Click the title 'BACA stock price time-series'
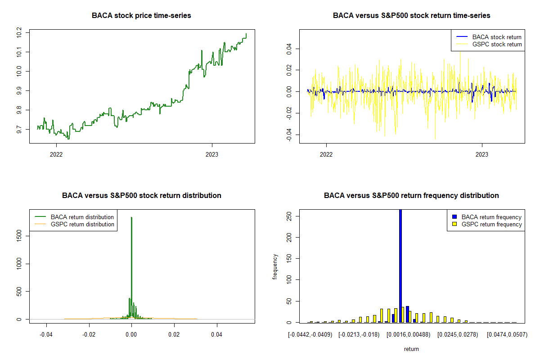[141, 16]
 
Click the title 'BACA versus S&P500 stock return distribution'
[141, 196]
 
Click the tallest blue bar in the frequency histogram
[400, 265]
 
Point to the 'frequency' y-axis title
[275, 266]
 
